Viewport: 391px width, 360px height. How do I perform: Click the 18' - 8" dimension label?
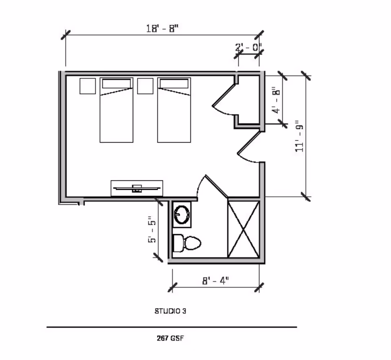pyautogui.click(x=162, y=29)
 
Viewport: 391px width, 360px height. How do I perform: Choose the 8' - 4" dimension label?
pyautogui.click(x=215, y=280)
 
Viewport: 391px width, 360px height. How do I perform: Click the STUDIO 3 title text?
pyautogui.click(x=170, y=311)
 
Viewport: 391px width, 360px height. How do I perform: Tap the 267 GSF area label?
pyautogui.click(x=170, y=338)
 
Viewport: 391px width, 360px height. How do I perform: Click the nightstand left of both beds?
pyautogui.click(x=87, y=86)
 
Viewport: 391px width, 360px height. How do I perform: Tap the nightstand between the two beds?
pyautogui.click(x=145, y=86)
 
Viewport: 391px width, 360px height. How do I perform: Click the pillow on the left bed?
pyautogui.click(x=116, y=83)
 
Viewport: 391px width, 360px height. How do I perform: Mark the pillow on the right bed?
pyautogui.click(x=174, y=83)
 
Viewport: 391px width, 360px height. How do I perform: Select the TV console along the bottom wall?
pyautogui.click(x=137, y=188)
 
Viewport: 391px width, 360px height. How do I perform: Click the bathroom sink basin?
pyautogui.click(x=182, y=213)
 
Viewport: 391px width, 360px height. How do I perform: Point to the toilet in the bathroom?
pyautogui.click(x=187, y=243)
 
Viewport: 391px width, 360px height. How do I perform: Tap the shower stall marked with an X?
pyautogui.click(x=243, y=228)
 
